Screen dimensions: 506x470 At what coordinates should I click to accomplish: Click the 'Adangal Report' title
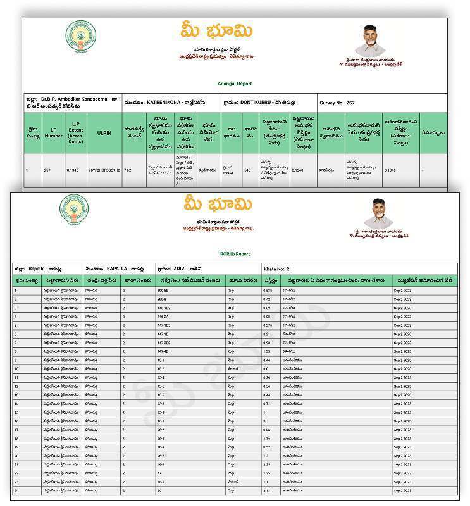(234, 83)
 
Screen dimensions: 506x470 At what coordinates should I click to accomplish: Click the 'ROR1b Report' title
(235, 254)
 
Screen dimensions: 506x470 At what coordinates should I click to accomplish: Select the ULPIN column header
(103, 134)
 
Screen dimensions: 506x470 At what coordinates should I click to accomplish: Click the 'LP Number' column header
(53, 134)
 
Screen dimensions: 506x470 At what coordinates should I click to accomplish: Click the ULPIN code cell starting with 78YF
(103, 170)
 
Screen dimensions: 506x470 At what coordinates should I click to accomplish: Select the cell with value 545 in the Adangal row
(247, 170)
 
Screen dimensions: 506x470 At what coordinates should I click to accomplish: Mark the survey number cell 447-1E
(163, 334)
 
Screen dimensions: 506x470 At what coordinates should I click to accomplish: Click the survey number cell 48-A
(161, 481)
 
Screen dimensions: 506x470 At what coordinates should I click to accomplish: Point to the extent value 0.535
(268, 291)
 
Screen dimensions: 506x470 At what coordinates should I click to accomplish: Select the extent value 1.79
(266, 438)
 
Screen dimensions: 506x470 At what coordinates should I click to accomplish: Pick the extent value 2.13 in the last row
(266, 490)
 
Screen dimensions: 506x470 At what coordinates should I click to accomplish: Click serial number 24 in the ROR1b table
(16, 490)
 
